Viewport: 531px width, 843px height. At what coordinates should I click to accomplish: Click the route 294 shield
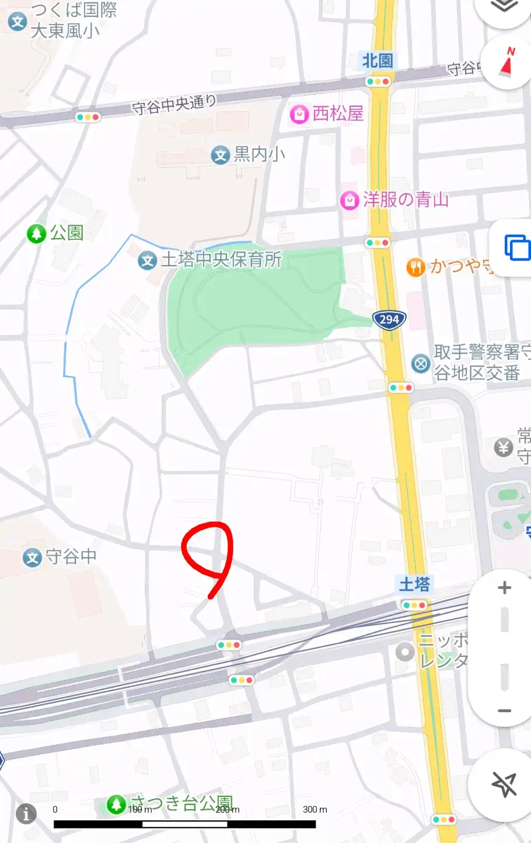tap(389, 319)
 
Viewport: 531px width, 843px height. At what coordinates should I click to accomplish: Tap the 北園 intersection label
tap(378, 60)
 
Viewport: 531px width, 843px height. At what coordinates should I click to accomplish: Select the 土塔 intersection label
tap(414, 584)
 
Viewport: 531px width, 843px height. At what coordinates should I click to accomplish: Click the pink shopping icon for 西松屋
tap(299, 114)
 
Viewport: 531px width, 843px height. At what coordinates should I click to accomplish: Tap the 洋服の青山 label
tap(406, 200)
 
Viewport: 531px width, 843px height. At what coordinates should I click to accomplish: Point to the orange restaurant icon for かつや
tap(415, 267)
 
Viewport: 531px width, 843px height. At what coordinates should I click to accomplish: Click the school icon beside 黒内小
tap(220, 155)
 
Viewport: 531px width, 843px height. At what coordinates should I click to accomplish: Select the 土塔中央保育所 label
tap(221, 259)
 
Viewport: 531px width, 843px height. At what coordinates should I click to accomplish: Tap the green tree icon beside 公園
tap(37, 234)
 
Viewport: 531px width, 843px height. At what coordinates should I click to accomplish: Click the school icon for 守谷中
tap(32, 558)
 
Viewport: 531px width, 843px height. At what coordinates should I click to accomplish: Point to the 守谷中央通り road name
tap(174, 104)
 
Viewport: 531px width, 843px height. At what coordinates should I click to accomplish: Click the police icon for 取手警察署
tap(420, 364)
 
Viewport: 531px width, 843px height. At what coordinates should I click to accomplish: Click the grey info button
tap(26, 813)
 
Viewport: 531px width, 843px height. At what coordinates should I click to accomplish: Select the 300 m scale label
tap(315, 809)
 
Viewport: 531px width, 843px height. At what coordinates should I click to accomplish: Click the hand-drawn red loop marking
tap(208, 555)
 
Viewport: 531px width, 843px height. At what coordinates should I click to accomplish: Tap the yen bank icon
tap(504, 448)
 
